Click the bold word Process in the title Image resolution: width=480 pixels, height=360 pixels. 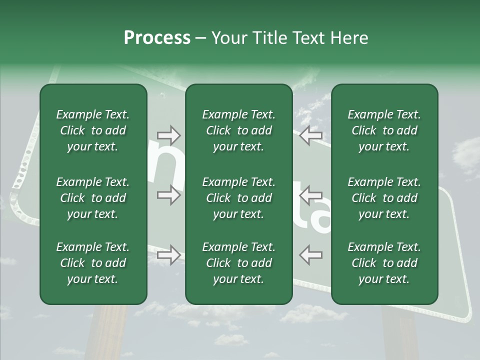[157, 38]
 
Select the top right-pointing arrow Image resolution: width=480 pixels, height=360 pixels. [168, 135]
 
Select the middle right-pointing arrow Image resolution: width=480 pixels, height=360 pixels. [168, 194]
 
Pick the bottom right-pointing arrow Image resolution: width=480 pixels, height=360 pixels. [168, 255]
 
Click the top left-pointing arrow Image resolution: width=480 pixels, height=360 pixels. [310, 135]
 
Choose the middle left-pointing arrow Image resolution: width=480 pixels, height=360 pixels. [310, 194]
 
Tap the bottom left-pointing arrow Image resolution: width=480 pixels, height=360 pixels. [310, 254]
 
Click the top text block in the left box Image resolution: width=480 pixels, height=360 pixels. [93, 130]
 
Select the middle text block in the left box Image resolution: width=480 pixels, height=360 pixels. [93, 198]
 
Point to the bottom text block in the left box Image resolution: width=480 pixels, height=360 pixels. [93, 263]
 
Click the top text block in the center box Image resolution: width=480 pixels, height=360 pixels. [238, 130]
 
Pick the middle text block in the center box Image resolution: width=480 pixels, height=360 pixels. [238, 198]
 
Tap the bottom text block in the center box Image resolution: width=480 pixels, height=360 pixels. [238, 263]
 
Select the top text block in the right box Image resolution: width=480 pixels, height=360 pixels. [384, 130]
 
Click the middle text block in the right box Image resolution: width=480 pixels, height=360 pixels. [384, 198]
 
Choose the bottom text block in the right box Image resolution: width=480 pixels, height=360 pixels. [384, 263]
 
